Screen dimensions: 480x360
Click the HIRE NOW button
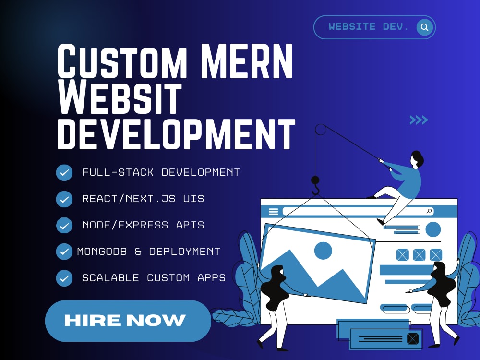(128, 321)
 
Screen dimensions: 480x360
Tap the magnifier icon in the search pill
(425, 27)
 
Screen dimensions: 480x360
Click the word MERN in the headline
(247, 61)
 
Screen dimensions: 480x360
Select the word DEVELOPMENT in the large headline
(176, 134)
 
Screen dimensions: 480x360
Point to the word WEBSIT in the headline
(120, 98)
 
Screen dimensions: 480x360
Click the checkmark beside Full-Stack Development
(64, 173)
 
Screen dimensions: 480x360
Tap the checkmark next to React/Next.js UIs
(64, 199)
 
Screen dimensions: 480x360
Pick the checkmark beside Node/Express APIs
(64, 225)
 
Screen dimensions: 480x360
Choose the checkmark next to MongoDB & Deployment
(64, 252)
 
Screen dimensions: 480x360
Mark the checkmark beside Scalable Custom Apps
(64, 278)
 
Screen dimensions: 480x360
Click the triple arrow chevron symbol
(419, 120)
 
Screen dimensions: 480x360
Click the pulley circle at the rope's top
(321, 130)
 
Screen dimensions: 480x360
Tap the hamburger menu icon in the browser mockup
(274, 211)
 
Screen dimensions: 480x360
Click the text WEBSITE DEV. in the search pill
(369, 27)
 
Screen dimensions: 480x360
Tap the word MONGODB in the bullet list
(102, 252)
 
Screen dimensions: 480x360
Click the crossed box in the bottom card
(413, 338)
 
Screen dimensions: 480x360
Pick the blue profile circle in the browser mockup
(433, 229)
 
